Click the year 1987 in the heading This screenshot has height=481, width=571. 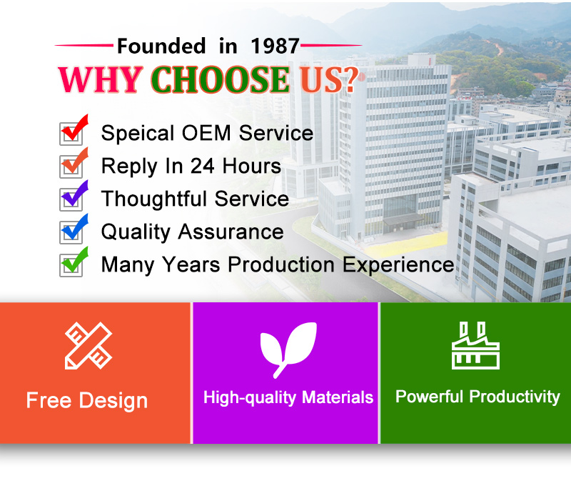275,46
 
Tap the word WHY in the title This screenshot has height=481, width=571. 100,79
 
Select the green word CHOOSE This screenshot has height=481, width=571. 221,79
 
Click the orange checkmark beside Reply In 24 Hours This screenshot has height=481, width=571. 75,162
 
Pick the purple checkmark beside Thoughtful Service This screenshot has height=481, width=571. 75,194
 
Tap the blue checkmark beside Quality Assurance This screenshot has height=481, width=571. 75,227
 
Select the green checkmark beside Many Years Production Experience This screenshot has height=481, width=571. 75,260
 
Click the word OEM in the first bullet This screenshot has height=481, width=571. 206,133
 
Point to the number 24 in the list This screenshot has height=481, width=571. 203,166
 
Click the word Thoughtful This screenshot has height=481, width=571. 154,199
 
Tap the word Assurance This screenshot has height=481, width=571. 231,232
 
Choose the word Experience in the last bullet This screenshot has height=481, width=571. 398,265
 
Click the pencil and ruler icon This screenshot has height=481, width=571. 89,345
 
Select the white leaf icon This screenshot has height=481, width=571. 288,349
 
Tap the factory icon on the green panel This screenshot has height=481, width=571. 475,345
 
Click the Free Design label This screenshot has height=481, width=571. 87,400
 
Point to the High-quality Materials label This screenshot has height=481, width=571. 288,397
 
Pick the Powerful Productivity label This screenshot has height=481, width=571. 477,397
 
